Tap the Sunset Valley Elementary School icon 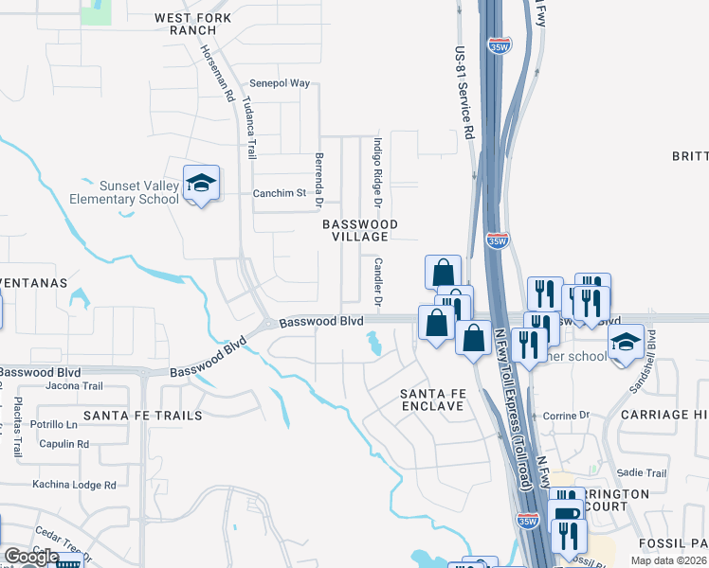[x=202, y=182]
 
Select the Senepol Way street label [x=280, y=83]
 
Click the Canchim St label [x=281, y=193]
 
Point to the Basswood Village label [x=359, y=230]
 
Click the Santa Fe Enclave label [x=431, y=399]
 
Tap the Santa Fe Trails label [x=142, y=416]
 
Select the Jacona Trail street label [x=73, y=386]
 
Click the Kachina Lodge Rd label [x=74, y=485]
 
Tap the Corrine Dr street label [x=566, y=416]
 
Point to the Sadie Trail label [x=642, y=473]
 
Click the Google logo [x=31, y=557]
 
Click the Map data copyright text [x=668, y=560]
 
